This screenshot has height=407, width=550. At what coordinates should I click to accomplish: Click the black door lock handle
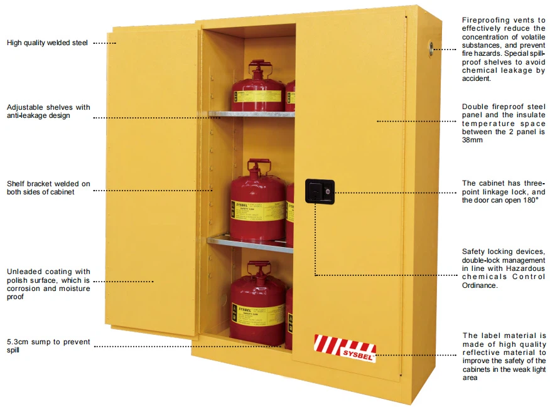click(x=320, y=191)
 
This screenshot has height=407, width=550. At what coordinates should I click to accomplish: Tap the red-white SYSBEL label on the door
click(x=345, y=348)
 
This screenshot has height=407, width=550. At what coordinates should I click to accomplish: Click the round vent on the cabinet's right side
click(x=431, y=46)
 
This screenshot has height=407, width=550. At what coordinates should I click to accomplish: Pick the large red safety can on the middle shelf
click(x=258, y=202)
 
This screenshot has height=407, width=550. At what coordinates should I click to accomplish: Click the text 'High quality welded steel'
click(x=47, y=43)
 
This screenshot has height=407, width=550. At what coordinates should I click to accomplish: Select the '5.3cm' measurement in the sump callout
click(x=18, y=342)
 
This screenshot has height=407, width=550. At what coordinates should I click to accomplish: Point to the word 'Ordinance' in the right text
click(x=480, y=285)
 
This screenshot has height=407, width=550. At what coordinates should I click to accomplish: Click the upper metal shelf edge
click(x=252, y=114)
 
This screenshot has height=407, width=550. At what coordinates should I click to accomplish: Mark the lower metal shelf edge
click(x=250, y=241)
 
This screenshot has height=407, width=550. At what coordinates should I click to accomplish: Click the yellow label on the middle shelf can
click(x=257, y=211)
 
